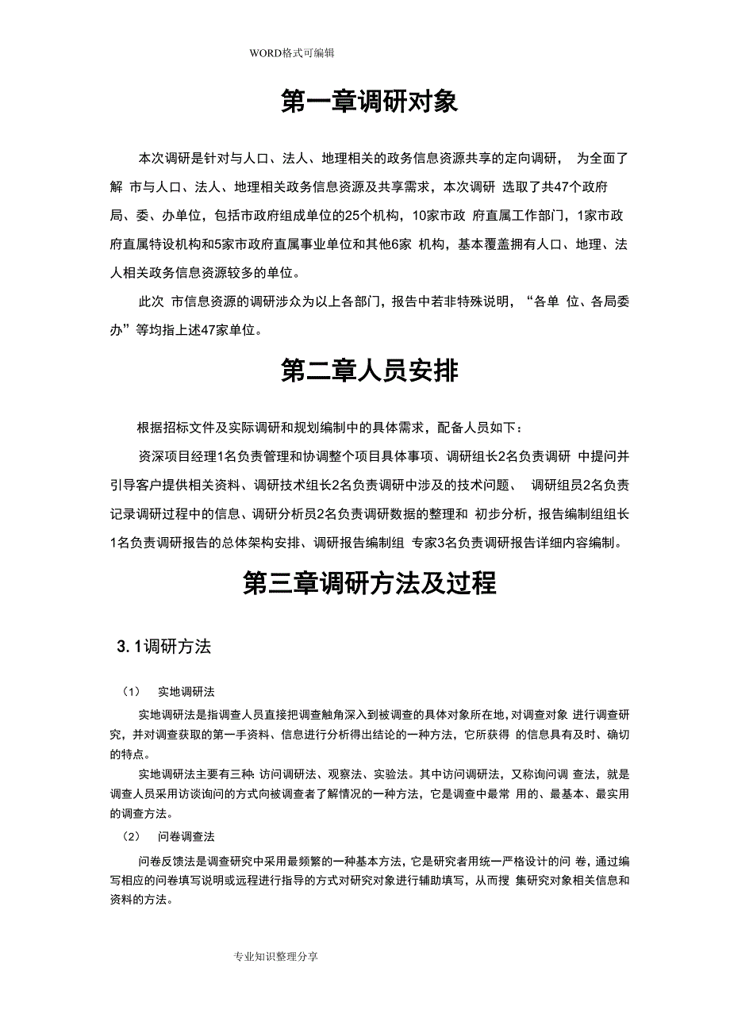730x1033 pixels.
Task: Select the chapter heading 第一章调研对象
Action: coord(369,102)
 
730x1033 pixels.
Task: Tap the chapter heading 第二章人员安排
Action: coord(369,371)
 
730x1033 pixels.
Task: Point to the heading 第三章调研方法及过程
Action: coord(369,583)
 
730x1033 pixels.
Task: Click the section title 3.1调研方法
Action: coord(163,647)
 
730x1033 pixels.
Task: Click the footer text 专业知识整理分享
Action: coord(276,957)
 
